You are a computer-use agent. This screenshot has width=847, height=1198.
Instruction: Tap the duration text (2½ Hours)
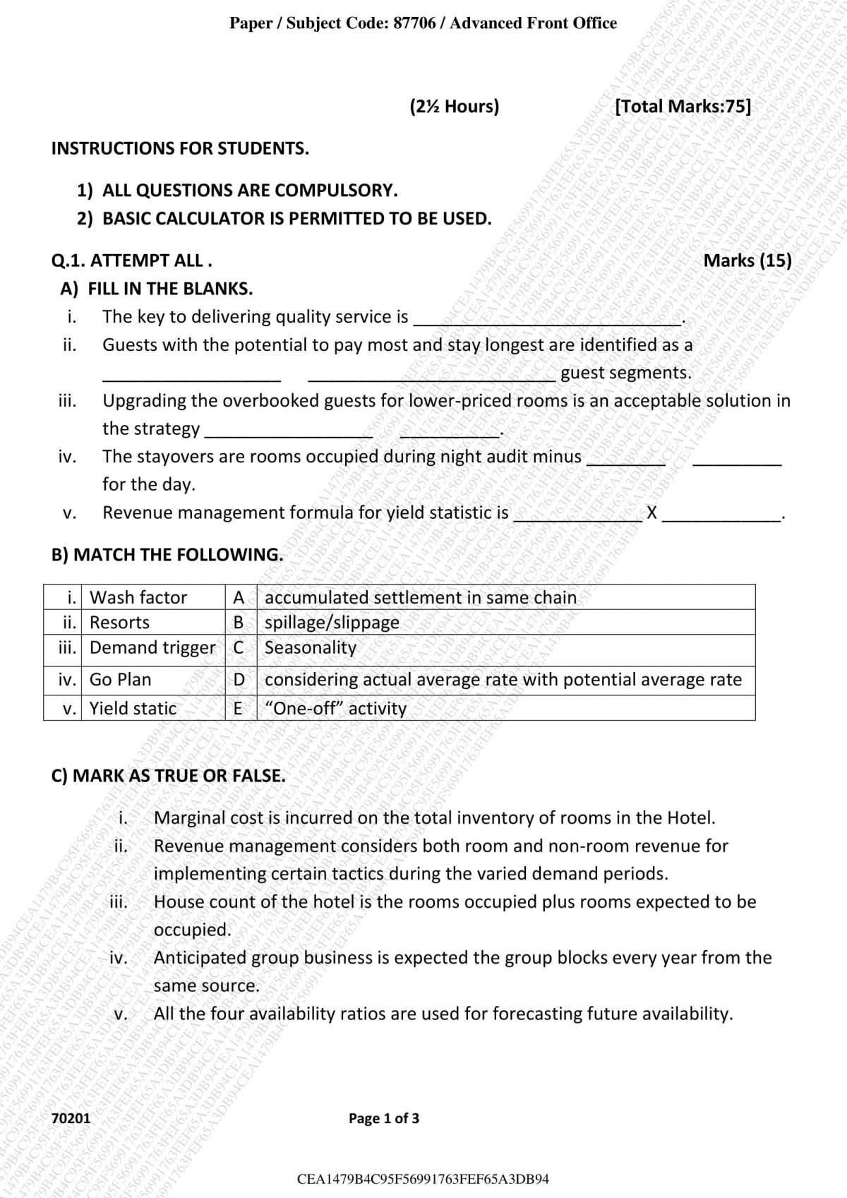point(454,107)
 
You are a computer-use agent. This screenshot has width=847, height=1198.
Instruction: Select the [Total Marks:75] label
point(683,107)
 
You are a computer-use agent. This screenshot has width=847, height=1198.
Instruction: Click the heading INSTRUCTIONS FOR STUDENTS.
point(180,148)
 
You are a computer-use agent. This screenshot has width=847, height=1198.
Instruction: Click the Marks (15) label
point(747,260)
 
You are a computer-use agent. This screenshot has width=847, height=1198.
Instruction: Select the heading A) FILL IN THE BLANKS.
point(156,289)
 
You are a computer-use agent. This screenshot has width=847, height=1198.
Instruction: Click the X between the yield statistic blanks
point(651,513)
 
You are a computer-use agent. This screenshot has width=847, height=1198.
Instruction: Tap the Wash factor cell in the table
point(138,597)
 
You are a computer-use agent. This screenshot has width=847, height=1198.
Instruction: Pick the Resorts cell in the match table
point(119,623)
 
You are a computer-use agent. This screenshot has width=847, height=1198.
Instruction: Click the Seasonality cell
point(311,647)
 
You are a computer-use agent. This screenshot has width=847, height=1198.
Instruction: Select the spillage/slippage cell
point(332,623)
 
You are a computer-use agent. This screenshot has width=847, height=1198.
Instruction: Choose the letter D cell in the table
point(239,680)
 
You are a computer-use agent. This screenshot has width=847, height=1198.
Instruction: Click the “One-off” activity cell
point(335,708)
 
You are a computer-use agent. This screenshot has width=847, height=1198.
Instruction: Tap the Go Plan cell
point(120,680)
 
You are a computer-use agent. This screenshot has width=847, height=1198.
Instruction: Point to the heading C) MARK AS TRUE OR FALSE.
point(169,776)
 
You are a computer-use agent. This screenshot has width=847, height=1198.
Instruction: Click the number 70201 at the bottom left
point(71,1118)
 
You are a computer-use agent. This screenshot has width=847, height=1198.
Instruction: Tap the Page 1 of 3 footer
point(384,1118)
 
